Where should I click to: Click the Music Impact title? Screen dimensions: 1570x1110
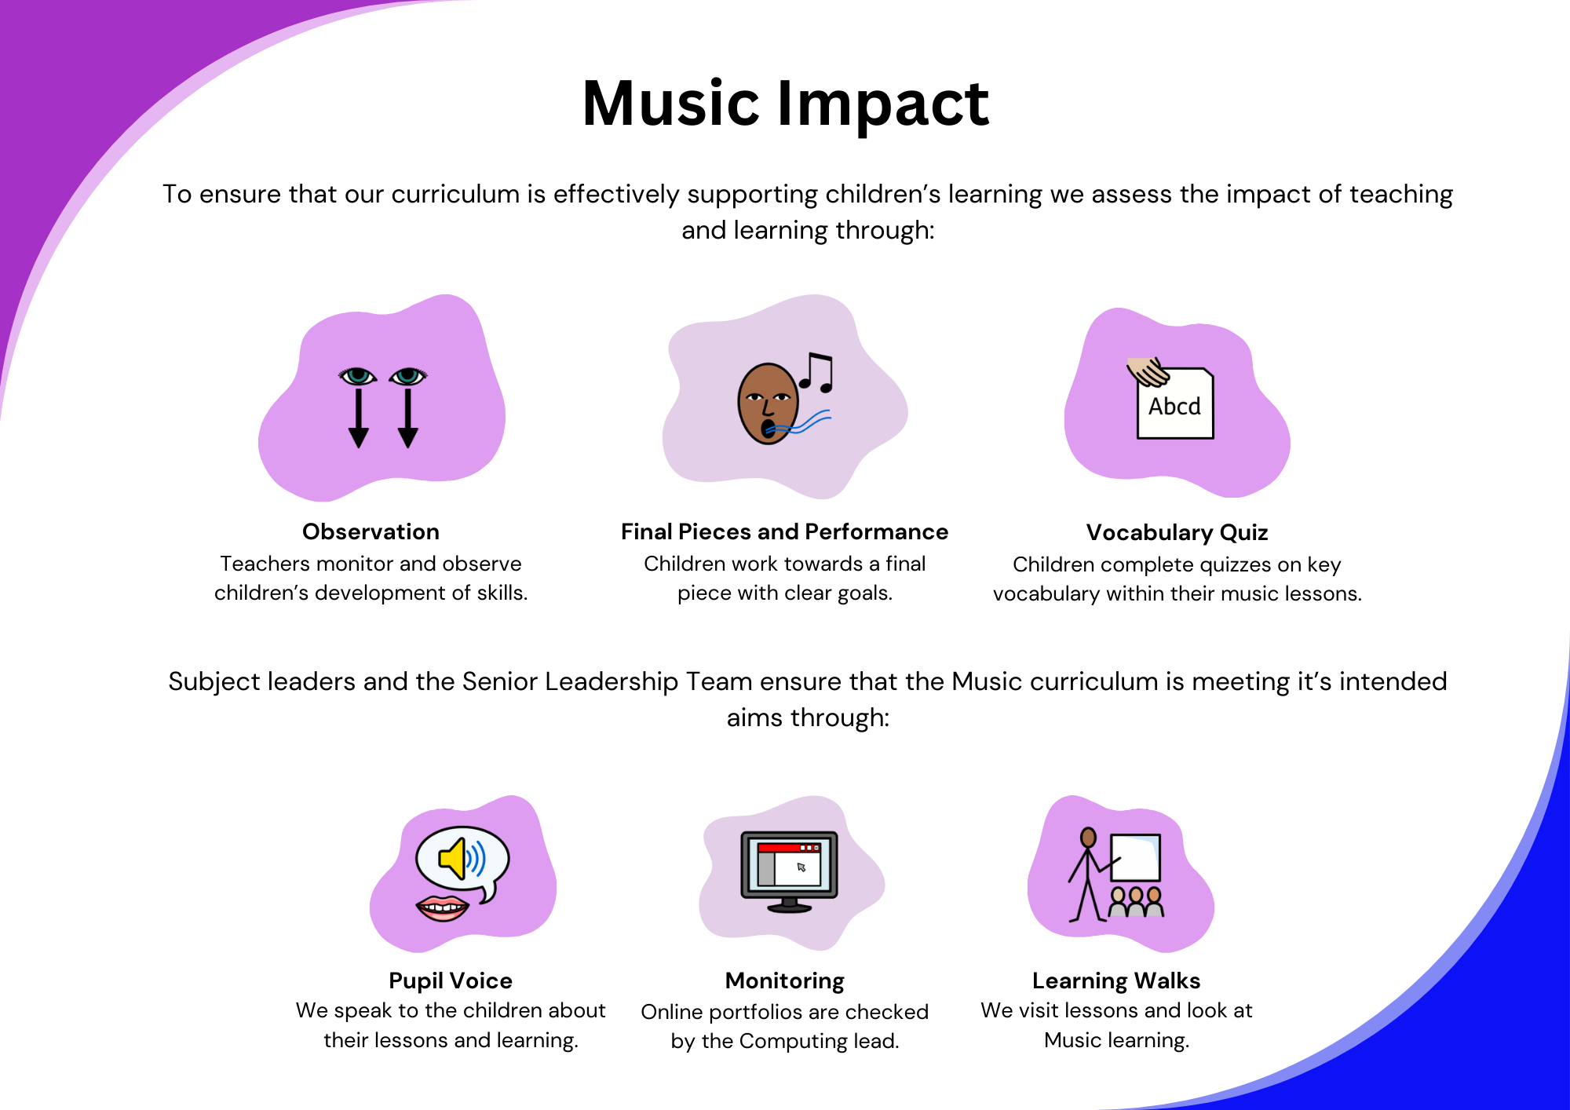[785, 104]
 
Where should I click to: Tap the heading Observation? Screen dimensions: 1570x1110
[371, 531]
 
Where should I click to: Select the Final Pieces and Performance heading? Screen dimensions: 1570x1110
[784, 531]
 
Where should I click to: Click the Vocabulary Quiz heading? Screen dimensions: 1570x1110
[1177, 532]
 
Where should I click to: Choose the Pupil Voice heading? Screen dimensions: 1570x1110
[451, 980]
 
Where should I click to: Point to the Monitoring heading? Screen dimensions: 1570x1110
[785, 980]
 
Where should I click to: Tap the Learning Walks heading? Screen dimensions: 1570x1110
[1116, 980]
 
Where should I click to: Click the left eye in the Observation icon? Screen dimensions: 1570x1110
[358, 376]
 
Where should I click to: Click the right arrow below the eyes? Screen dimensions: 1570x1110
[407, 418]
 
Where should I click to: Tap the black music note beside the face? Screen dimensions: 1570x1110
[816, 372]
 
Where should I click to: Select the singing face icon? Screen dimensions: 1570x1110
[768, 403]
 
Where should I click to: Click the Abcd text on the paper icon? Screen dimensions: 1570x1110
[1174, 407]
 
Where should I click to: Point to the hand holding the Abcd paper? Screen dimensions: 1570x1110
[1148, 372]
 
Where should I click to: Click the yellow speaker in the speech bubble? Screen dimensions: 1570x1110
[453, 858]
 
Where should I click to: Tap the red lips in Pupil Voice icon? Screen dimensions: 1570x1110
[443, 908]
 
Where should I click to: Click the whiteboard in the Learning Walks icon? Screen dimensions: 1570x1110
[1136, 857]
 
